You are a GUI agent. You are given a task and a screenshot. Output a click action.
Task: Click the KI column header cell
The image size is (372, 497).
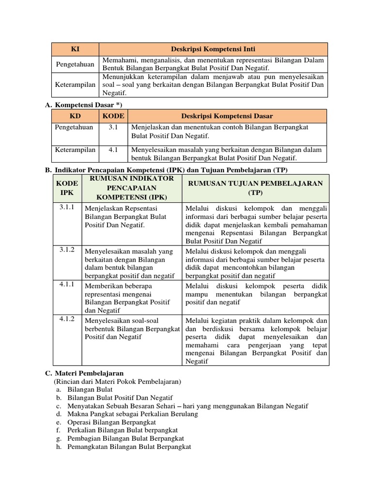tap(75, 49)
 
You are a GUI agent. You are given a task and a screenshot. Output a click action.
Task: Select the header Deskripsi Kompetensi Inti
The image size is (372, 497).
tap(213, 49)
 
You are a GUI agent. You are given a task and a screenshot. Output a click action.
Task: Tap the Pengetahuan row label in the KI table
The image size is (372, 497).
tap(75, 64)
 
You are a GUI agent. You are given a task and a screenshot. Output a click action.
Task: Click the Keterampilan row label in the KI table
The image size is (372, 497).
tap(75, 84)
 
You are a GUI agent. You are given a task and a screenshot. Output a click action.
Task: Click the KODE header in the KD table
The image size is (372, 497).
tap(113, 116)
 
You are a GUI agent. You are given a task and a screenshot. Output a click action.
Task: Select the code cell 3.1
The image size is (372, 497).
tap(113, 127)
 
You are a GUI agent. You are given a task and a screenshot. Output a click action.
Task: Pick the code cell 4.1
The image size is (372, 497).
tap(113, 150)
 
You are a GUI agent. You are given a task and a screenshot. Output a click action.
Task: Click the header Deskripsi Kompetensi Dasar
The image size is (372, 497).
tap(227, 116)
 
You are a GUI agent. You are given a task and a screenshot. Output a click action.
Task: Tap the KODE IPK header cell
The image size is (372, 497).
tap(67, 188)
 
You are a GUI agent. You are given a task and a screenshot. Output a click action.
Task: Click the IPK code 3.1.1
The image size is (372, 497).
tap(67, 207)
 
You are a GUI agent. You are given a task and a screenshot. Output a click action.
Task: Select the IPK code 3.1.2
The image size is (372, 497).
tap(67, 249)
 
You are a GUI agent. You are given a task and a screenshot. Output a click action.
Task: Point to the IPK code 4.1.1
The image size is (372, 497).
tap(67, 284)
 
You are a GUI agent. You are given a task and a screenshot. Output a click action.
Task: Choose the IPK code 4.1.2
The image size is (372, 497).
tap(67, 319)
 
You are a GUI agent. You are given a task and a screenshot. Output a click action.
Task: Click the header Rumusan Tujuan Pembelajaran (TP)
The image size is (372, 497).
tap(255, 187)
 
